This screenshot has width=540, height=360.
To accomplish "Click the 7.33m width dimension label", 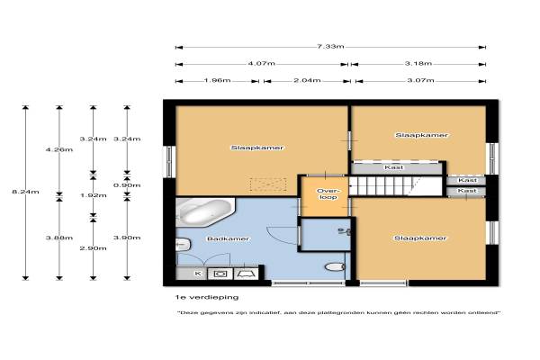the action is point(330,46).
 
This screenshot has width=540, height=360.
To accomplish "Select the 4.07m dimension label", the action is point(261,63).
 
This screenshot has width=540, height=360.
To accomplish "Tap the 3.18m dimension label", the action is point(418,63).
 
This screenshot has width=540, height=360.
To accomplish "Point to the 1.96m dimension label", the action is point(217,81).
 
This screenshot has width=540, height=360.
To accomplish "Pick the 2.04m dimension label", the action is point(307,81).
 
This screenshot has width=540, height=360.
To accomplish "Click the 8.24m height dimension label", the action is point(25,192).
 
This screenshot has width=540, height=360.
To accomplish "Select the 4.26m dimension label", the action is point(59,149).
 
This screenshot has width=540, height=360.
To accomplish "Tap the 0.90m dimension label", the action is point(127,185).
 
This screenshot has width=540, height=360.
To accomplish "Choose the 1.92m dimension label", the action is point(94,195).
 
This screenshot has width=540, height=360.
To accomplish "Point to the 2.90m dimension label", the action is point(94,248).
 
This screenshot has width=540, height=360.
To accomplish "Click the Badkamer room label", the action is point(228,238).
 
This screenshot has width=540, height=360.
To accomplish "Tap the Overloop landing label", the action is point(328,194).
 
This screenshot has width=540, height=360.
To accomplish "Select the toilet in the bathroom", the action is point(335,266).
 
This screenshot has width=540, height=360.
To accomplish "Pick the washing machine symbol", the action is point(220,274).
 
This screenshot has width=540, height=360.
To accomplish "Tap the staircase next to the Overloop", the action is point(396,186).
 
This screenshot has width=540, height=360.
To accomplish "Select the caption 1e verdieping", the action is point(207,297).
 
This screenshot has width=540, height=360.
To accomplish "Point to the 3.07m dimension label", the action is point(421,81).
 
